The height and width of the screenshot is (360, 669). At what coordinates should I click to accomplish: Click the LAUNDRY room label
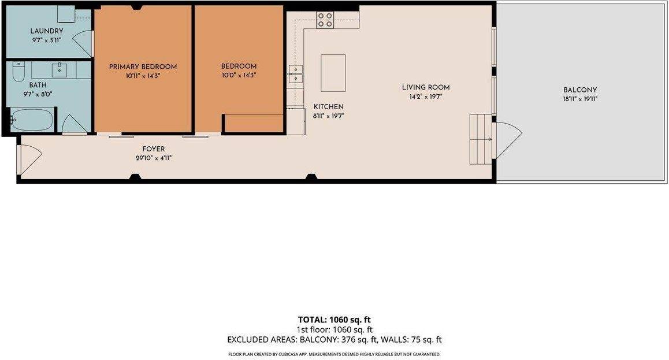[x=46, y=31]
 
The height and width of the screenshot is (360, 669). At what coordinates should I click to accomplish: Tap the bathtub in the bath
[x=32, y=120]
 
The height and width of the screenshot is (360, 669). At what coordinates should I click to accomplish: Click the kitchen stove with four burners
[x=325, y=20]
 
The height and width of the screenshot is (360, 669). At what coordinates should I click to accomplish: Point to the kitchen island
[x=333, y=73]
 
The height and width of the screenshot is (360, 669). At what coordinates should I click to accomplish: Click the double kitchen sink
[x=296, y=74]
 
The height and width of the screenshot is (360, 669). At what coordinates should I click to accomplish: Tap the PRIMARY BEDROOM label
[x=143, y=67]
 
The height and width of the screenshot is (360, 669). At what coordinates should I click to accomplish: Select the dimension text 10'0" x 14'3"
[x=239, y=76]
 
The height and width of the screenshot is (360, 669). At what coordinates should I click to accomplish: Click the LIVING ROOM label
[x=426, y=87]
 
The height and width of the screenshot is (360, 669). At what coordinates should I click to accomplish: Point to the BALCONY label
[x=580, y=90]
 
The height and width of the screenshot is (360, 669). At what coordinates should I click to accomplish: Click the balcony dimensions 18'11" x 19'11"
[x=580, y=99]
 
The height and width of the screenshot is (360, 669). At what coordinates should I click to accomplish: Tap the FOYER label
[x=154, y=149]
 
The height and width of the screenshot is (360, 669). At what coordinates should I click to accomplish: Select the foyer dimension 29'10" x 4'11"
[x=154, y=158]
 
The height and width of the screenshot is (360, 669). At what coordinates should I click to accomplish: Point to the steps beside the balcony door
[x=481, y=139]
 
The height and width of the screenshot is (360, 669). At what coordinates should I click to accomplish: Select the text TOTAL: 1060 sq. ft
[x=335, y=320]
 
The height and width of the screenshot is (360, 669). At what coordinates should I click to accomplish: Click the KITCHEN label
[x=328, y=107]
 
